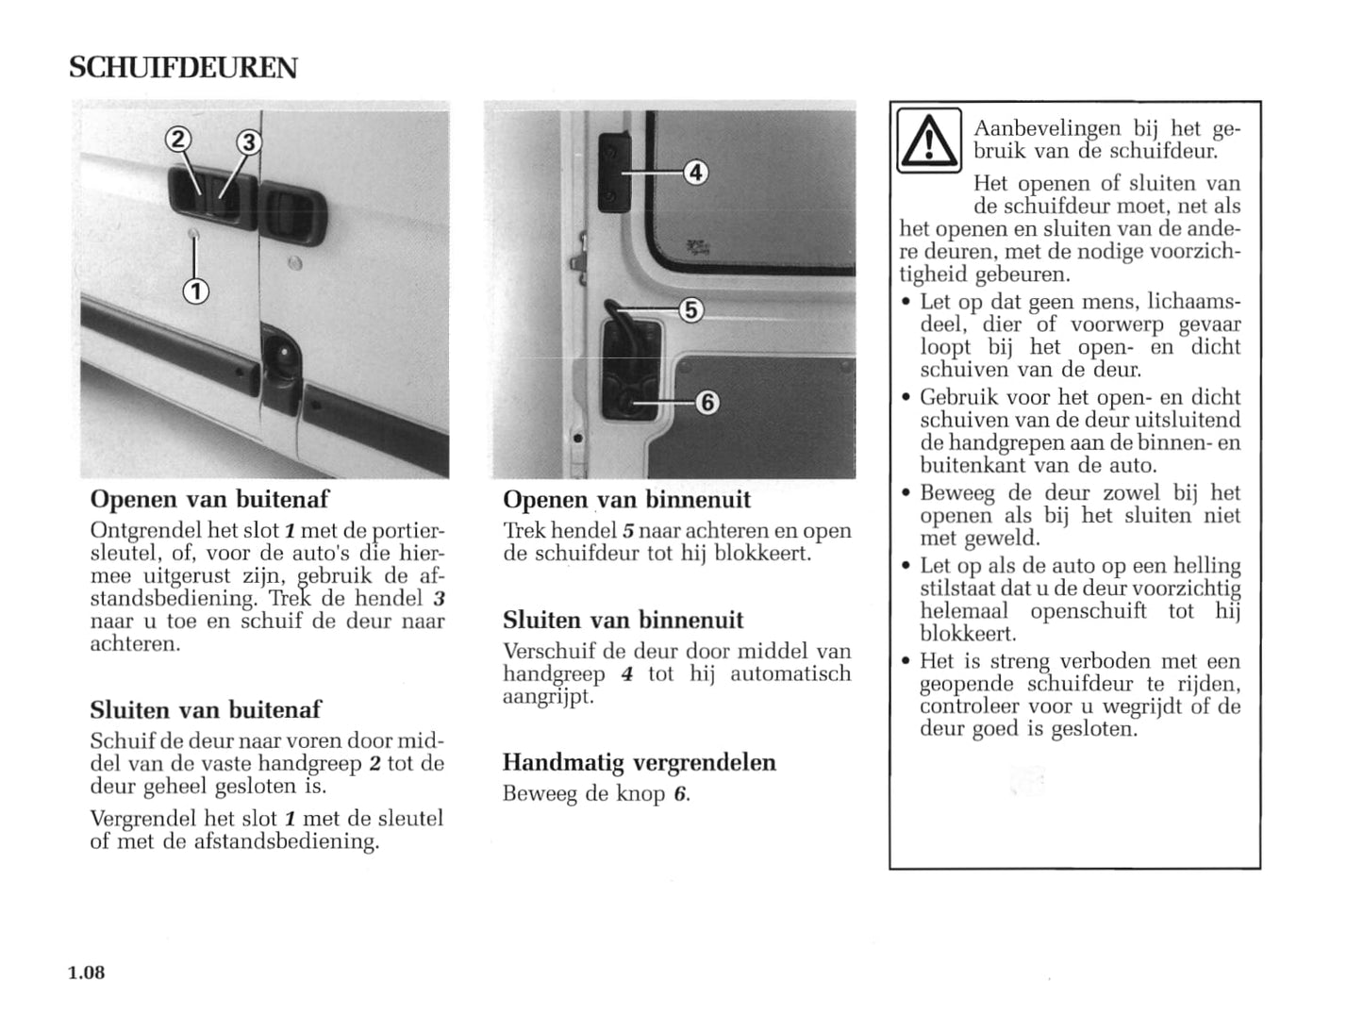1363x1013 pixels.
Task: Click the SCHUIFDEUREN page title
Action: point(183,68)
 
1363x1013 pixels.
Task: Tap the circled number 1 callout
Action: point(195,291)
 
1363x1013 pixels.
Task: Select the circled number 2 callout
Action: point(177,141)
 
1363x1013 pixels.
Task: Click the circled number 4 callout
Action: point(695,173)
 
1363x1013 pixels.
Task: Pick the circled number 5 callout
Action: point(691,309)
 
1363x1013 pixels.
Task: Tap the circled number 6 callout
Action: point(707,403)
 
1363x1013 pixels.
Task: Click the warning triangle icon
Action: point(929,141)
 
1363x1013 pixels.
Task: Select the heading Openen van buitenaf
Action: point(209,498)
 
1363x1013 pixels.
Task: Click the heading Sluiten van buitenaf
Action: point(206,709)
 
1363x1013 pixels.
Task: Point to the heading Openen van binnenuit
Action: point(626,499)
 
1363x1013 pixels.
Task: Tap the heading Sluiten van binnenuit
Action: point(623,620)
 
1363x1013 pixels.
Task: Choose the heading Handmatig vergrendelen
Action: point(639,762)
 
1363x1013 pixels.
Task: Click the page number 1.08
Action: point(86,972)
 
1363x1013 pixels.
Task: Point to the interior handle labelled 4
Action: point(613,170)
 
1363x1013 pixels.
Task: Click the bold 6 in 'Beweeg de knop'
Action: point(678,794)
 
